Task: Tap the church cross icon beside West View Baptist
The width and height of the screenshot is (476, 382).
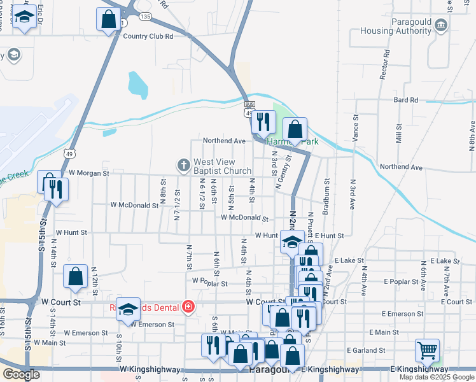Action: click(x=184, y=166)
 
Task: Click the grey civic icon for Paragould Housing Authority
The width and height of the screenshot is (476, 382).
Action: click(x=442, y=25)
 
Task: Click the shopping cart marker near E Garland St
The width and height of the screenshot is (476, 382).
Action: click(x=427, y=350)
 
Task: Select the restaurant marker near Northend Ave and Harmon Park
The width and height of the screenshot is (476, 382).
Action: click(x=262, y=122)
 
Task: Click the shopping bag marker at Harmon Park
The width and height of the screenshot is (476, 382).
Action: click(x=295, y=129)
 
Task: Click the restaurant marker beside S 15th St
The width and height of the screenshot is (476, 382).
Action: click(x=56, y=189)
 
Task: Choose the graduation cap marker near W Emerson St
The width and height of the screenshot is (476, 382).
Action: click(x=128, y=310)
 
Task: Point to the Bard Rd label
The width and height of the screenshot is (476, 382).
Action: click(x=405, y=100)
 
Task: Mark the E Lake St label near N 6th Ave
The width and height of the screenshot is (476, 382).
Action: click(x=445, y=261)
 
